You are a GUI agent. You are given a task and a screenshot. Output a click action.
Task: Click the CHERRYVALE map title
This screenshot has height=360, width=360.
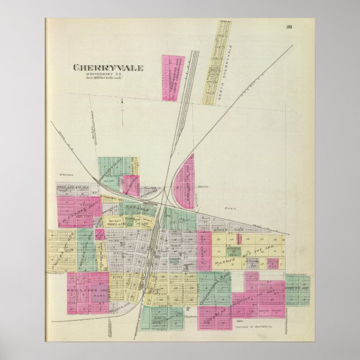point(108,68)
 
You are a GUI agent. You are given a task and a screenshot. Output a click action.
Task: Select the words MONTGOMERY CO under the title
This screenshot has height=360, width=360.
point(108,75)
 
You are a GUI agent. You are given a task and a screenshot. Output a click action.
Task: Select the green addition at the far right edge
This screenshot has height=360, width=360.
point(297,290)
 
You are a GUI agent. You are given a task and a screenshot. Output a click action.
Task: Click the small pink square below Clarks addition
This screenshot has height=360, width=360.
point(100,234)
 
